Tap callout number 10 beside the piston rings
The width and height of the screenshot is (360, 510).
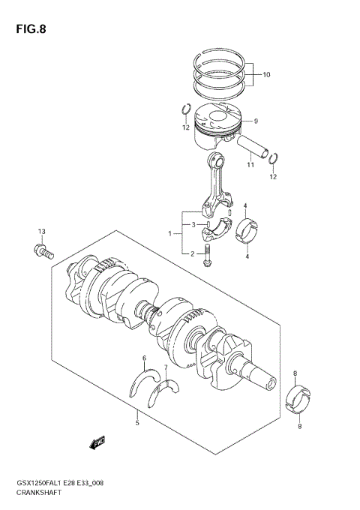266,75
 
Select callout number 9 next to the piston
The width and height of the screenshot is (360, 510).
255,121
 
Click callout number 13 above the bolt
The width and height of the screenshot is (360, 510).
42,230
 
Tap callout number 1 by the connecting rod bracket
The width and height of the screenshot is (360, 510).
172,234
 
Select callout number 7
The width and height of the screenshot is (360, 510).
166,367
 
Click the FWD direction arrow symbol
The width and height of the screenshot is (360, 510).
97,444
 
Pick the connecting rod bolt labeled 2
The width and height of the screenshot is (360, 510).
207,256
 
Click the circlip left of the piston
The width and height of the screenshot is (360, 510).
184,112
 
